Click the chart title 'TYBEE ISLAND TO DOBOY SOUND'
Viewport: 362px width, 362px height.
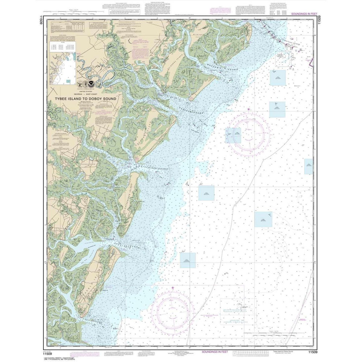[85, 98]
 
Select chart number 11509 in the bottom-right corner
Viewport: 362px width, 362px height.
[313, 350]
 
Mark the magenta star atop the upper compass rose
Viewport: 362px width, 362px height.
[248, 109]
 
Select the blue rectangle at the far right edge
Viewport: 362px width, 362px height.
[308, 167]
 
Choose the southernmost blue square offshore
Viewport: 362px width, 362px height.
[188, 260]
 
